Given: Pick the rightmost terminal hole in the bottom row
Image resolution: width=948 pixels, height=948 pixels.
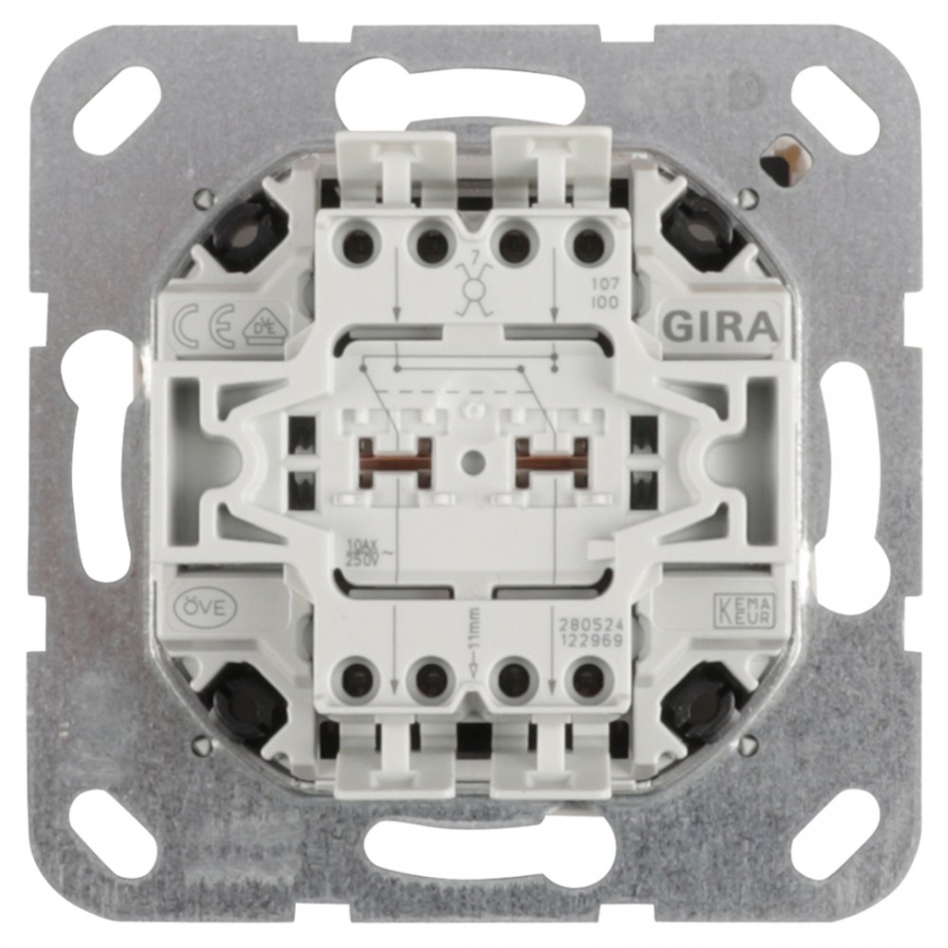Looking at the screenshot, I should [x=589, y=679].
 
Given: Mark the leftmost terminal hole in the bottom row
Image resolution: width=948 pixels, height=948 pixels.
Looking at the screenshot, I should [x=357, y=678].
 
